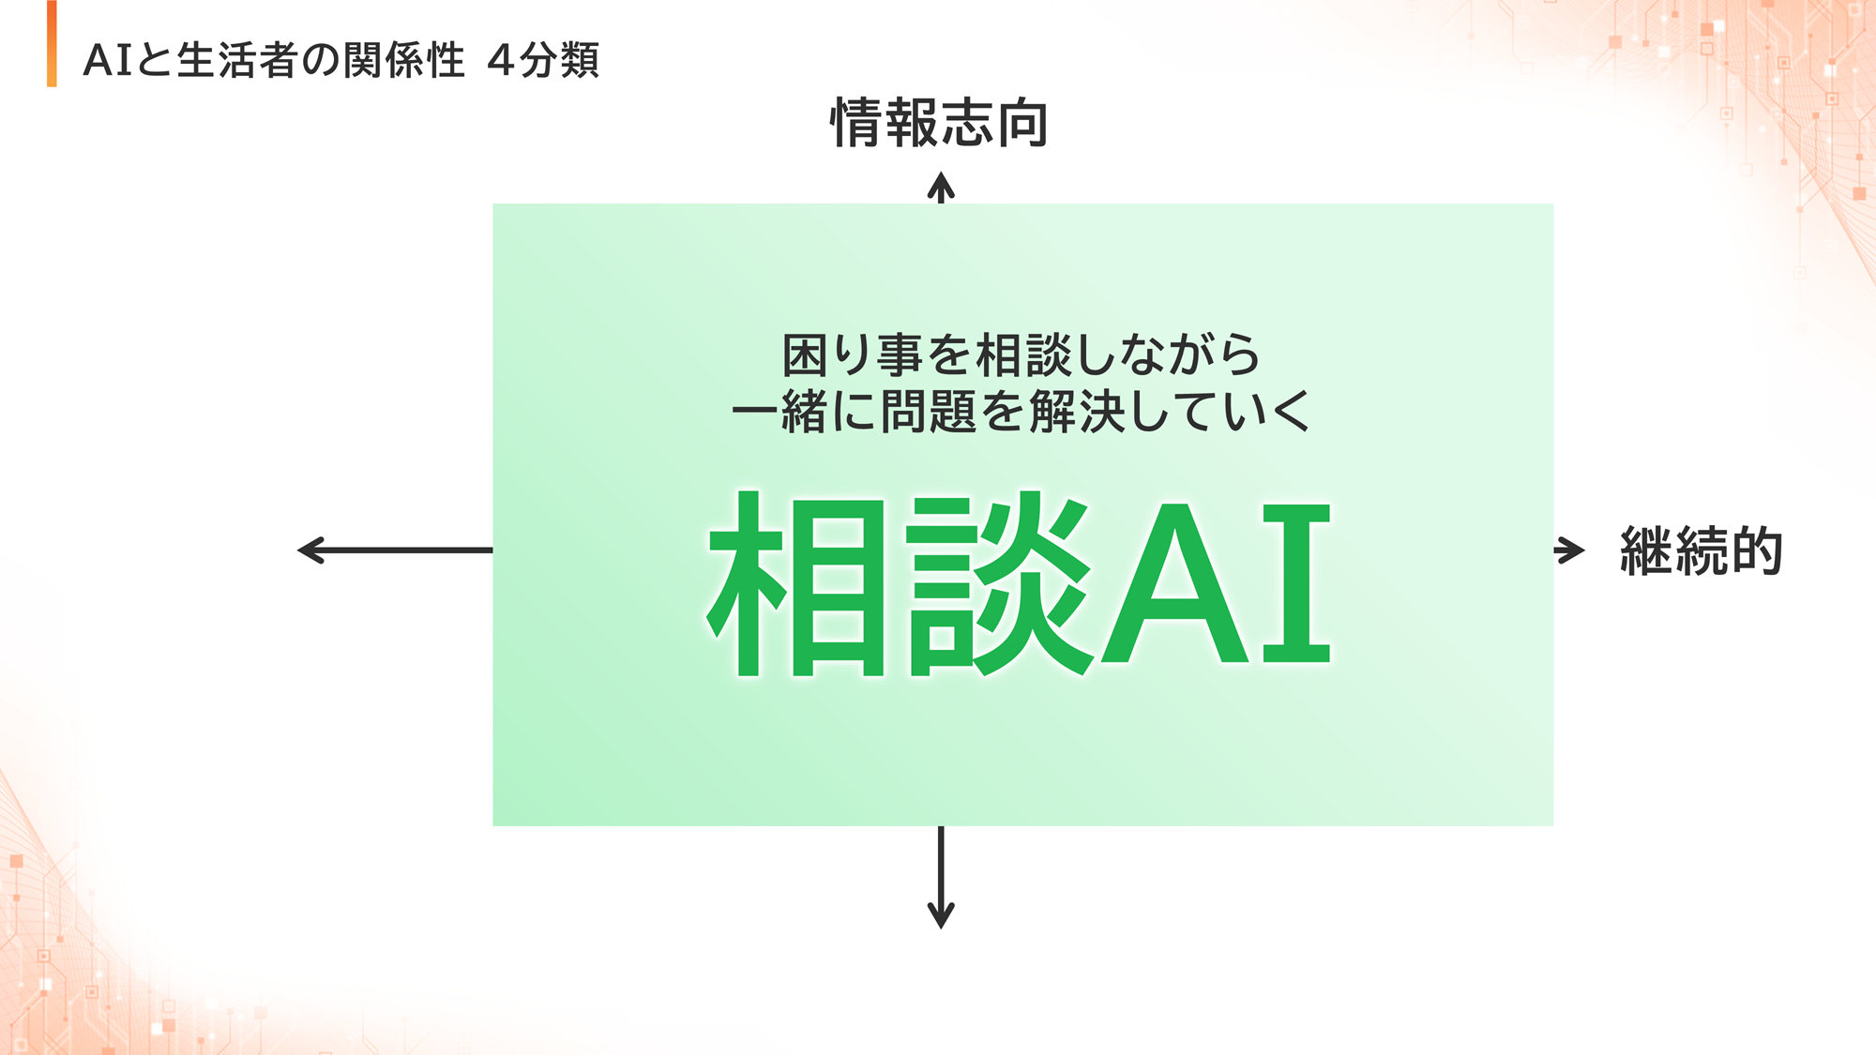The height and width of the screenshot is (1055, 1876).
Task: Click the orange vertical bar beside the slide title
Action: coord(52,44)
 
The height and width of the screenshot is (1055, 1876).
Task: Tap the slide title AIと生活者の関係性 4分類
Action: coord(341,61)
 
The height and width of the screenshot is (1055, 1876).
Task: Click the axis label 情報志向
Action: coord(940,123)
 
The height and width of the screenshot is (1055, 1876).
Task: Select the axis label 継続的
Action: coord(1702,550)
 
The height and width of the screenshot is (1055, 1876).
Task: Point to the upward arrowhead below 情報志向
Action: coord(941,188)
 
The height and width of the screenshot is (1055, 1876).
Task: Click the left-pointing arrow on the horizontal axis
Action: coord(395,550)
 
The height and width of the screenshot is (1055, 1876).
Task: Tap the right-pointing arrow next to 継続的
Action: coord(1569,550)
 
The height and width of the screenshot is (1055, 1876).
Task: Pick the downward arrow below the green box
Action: coord(941,877)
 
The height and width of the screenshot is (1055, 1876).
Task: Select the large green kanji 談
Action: coord(1000,583)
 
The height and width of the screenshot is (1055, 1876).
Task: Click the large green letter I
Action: coord(1296,583)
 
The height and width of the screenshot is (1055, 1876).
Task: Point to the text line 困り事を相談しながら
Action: coord(1021,354)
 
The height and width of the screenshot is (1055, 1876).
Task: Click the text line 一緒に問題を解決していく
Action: coord(1021,412)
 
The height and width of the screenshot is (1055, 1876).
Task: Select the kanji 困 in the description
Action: coord(805,354)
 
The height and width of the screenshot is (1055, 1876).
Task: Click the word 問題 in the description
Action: coord(929,412)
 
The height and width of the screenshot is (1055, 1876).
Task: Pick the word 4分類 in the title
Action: coord(543,61)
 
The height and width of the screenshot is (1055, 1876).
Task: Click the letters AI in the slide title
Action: coord(108,61)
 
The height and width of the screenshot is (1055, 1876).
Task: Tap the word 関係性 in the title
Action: coord(403,61)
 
